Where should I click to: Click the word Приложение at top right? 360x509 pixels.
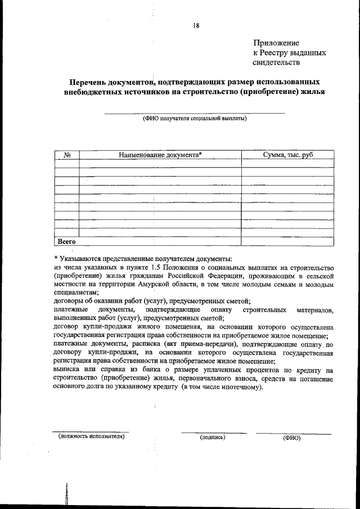[x=276, y=43]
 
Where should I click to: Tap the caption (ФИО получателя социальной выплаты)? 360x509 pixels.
[x=195, y=119]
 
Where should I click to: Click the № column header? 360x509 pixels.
[x=66, y=155]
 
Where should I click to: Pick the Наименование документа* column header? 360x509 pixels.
[x=160, y=155]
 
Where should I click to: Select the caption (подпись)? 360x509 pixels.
[x=213, y=437]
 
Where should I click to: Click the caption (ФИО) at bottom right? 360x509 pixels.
[x=292, y=438]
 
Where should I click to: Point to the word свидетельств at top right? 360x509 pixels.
[x=277, y=62]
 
